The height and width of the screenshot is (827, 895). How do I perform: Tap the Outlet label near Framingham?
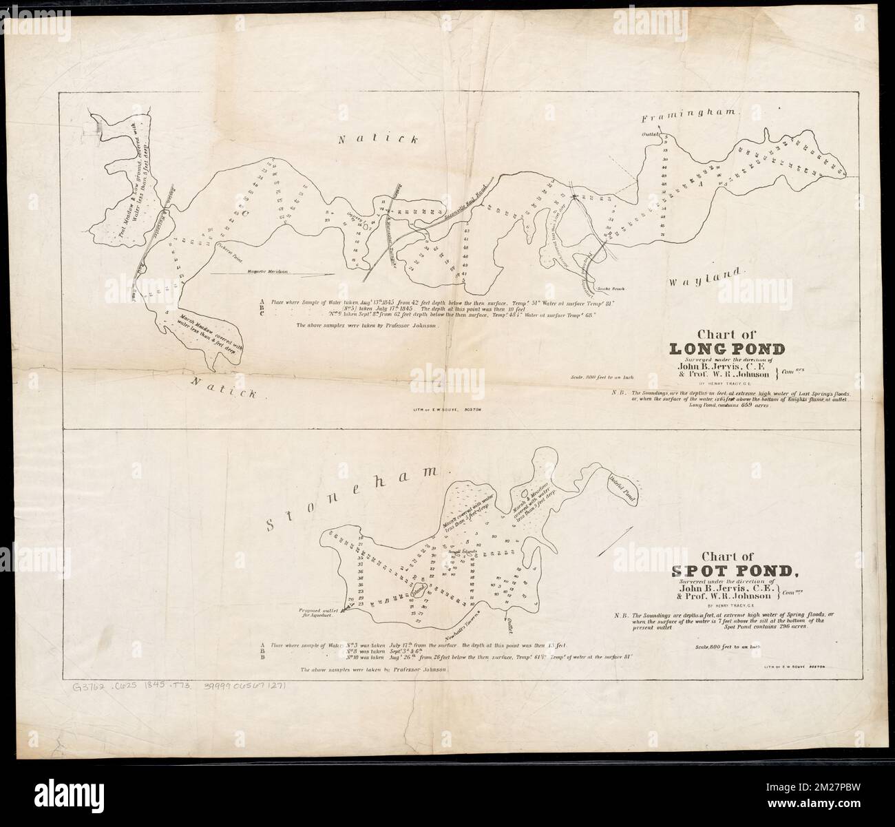651,134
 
